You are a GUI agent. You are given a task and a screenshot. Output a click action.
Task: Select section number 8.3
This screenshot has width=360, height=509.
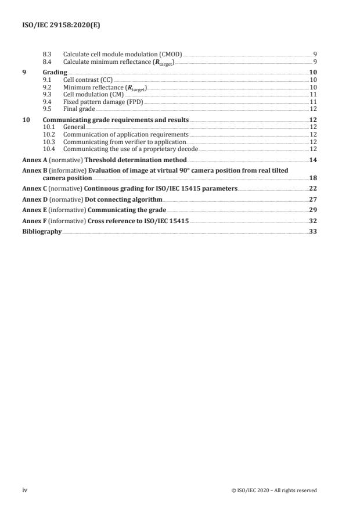click(x=49, y=54)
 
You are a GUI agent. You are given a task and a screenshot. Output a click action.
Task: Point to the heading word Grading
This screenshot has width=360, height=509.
click(x=55, y=71)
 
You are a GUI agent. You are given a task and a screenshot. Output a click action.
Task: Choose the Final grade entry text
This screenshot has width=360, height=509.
click(x=79, y=109)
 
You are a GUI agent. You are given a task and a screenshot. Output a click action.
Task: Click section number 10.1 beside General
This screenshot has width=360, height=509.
click(x=50, y=126)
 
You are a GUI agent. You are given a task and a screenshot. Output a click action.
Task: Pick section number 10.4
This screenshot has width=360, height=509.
click(x=50, y=148)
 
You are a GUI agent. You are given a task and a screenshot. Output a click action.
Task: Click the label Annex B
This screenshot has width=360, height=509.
click(x=33, y=170)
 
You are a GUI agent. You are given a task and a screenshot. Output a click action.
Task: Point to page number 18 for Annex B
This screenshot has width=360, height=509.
click(x=312, y=178)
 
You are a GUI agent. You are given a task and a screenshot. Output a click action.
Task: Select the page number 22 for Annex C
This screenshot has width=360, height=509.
click(x=312, y=189)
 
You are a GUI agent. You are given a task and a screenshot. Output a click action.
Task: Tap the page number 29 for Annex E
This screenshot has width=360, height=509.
click(x=312, y=209)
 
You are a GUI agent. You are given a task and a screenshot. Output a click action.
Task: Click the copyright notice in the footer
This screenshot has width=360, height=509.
click(x=273, y=490)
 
